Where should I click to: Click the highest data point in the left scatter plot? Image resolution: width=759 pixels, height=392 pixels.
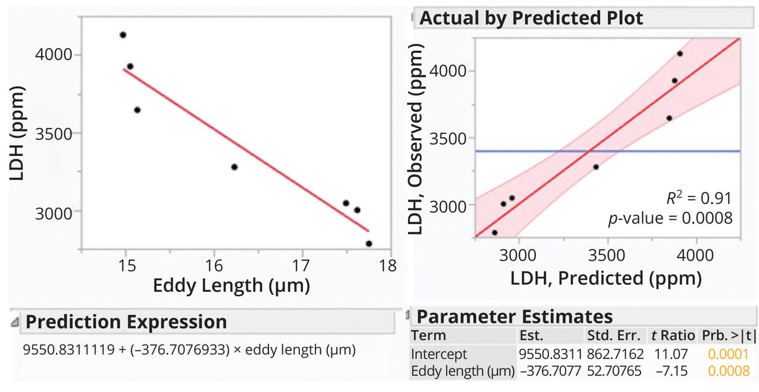(x=123, y=35)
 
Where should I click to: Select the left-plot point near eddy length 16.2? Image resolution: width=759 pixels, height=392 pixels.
(x=234, y=167)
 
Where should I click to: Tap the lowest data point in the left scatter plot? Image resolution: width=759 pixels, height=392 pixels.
(x=369, y=244)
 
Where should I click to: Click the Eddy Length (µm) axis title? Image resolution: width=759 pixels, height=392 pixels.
(x=231, y=286)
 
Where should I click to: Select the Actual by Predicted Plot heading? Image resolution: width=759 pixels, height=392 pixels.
(x=531, y=18)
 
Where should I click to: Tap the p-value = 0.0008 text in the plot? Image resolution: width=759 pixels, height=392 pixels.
(x=671, y=218)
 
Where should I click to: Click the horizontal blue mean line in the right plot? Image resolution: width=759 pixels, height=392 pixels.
(x=652, y=151)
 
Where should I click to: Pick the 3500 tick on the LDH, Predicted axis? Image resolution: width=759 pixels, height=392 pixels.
(x=607, y=255)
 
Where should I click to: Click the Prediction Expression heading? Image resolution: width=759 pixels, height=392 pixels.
(x=126, y=322)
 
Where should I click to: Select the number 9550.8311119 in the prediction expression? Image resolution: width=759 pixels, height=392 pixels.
(x=66, y=350)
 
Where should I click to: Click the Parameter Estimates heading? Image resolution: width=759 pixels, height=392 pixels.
(x=515, y=316)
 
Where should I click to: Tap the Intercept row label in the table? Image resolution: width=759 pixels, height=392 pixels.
(x=439, y=354)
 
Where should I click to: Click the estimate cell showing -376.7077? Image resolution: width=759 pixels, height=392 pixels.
(x=549, y=371)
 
